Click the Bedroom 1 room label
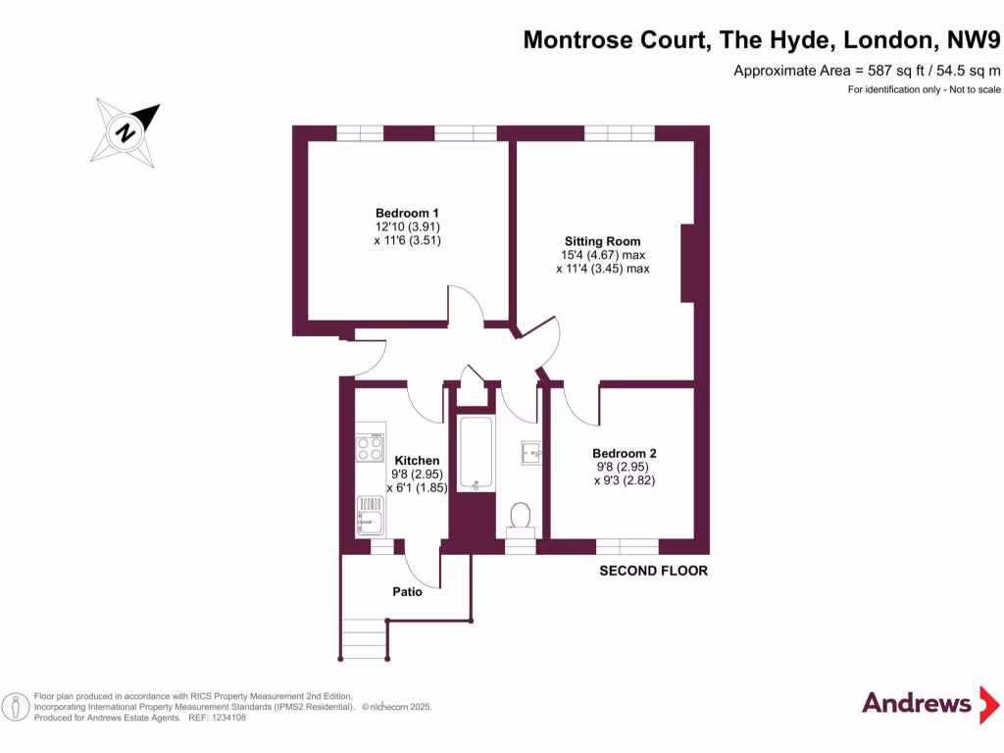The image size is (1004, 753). pos(407,213)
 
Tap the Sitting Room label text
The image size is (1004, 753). pos(602,241)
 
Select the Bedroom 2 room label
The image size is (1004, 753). pos(624,453)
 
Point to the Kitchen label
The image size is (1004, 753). pos(417,460)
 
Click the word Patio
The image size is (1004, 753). pos(408,591)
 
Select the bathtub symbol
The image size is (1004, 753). pos(476,453)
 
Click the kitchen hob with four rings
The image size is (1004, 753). pos(370,449)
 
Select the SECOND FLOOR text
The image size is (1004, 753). pos(653,571)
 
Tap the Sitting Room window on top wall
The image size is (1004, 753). pos(619,133)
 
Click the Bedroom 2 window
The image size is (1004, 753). pos(627,546)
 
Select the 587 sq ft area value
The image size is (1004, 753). pos(884,71)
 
